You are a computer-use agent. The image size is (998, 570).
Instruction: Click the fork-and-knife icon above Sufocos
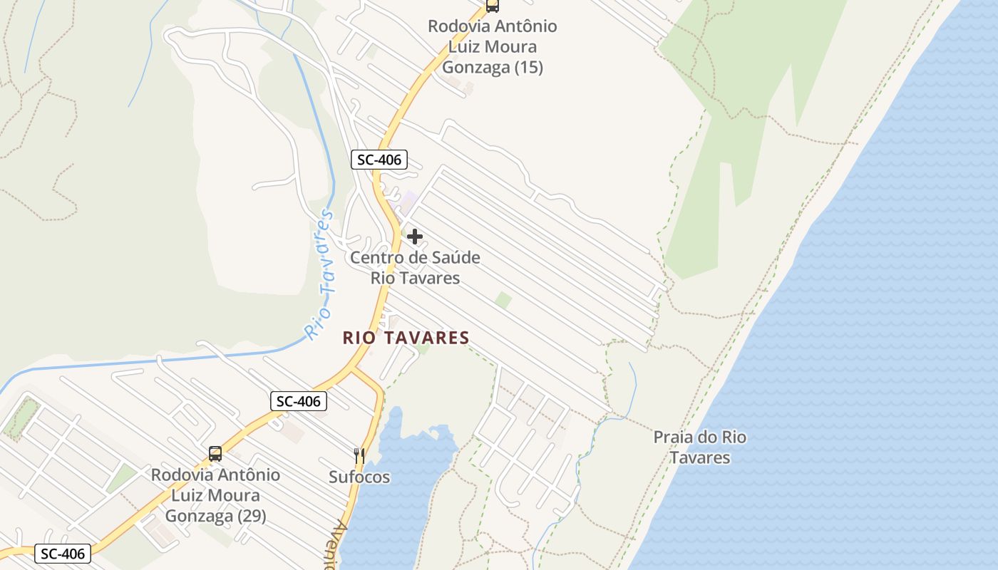pos(359,456)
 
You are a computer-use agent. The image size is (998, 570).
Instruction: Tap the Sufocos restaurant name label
pos(359,477)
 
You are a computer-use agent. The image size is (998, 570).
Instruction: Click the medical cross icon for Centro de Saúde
pos(415,237)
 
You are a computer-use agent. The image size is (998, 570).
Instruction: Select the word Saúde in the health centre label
pos(454,257)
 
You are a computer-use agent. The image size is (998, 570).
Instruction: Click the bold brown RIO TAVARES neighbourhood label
pos(406,338)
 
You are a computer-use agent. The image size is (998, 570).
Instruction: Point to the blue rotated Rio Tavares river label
pos(319,274)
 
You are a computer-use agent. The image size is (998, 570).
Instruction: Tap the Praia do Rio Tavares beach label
pos(700,447)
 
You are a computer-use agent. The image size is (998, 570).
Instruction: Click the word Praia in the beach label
pos(672,437)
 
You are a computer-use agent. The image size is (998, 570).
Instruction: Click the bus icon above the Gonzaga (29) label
pos(215,453)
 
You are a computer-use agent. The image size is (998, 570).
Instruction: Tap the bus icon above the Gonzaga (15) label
pos(492,6)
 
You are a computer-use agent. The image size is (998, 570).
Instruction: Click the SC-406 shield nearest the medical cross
pos(379,160)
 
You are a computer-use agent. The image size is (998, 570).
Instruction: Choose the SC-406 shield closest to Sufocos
pos(299,401)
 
